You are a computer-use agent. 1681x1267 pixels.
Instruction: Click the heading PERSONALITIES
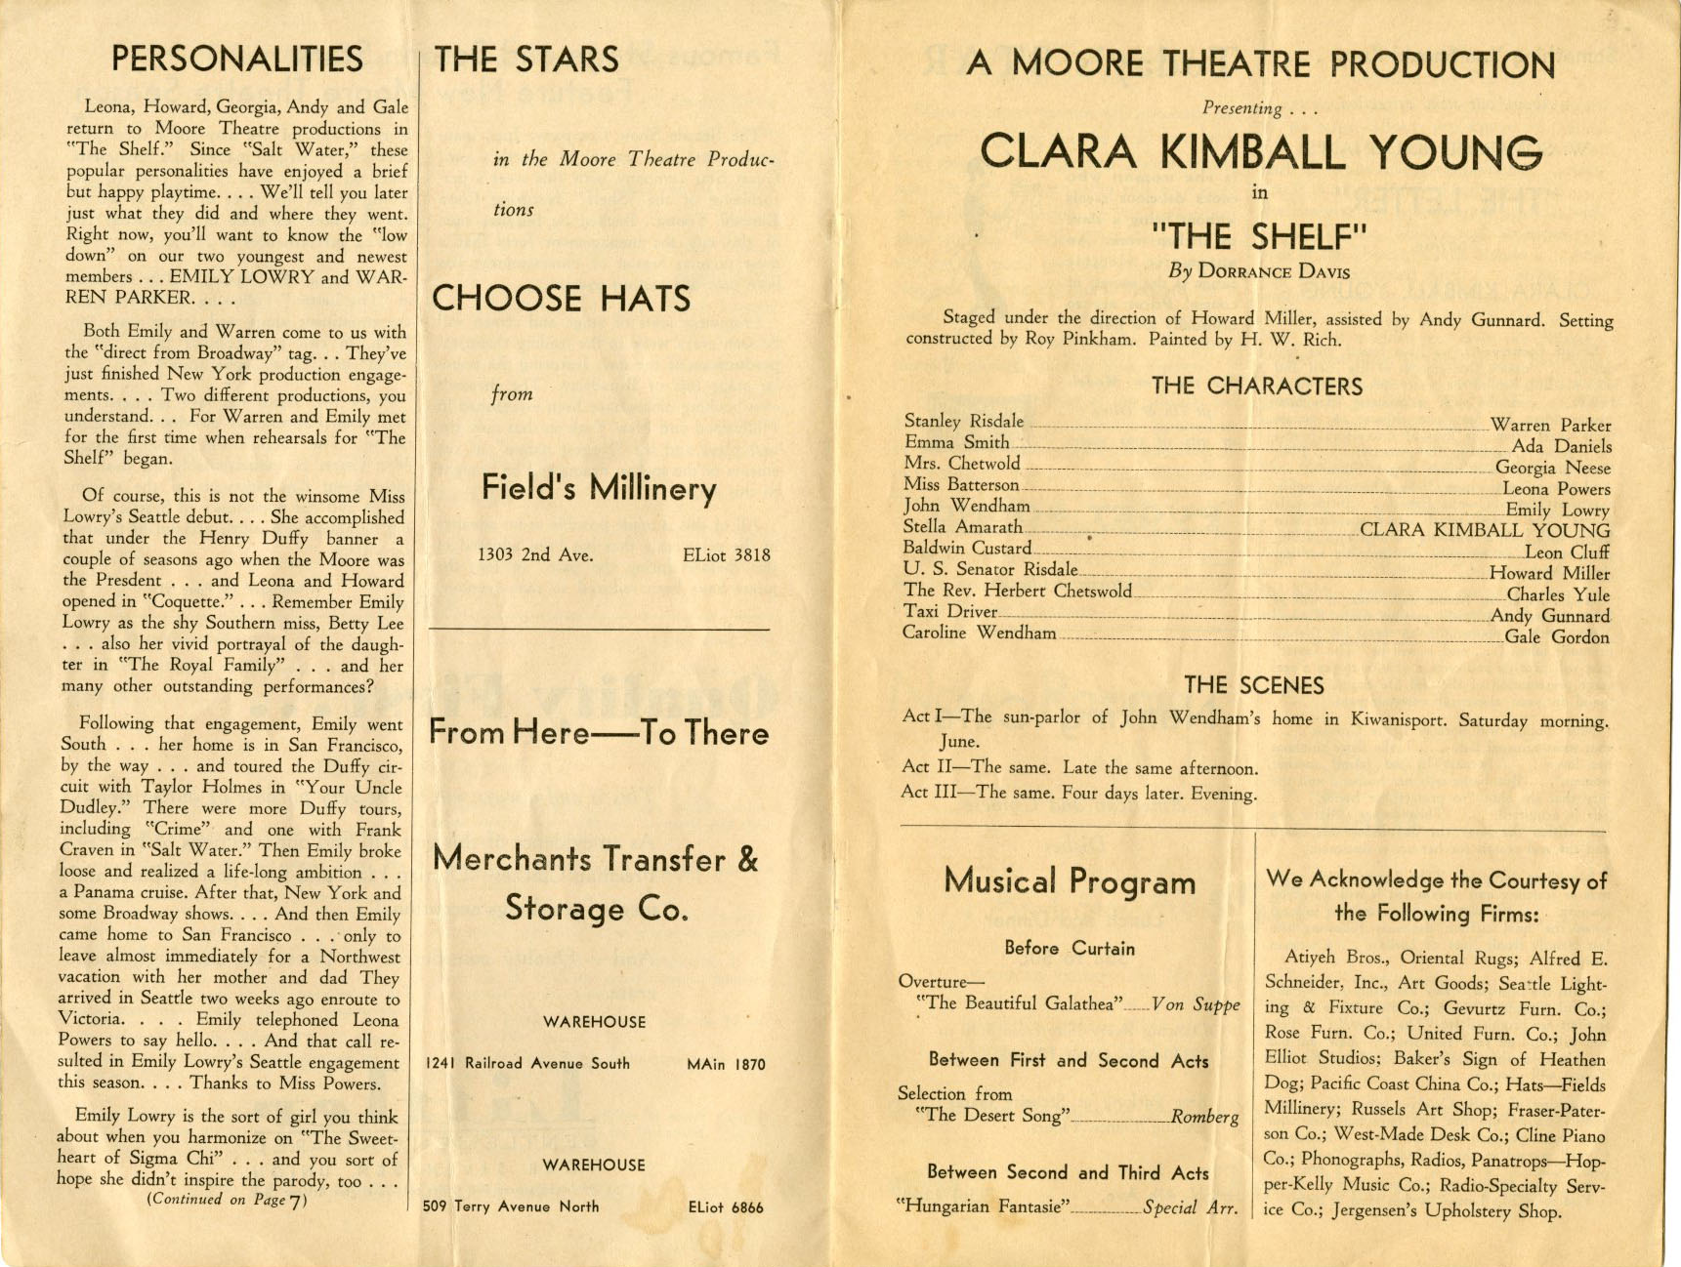[x=236, y=60]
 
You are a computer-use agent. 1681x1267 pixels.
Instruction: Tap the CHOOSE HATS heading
[x=561, y=298]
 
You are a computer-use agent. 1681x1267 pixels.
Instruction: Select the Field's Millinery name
[x=599, y=488]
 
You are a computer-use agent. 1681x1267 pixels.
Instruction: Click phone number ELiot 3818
[x=726, y=555]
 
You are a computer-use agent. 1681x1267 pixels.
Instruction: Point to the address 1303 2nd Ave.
[x=535, y=555]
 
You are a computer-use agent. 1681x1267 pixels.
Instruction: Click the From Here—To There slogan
[x=598, y=733]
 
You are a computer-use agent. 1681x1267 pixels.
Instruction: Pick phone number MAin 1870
[x=726, y=1064]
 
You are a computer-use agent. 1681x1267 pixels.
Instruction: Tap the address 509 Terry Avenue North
[x=511, y=1206]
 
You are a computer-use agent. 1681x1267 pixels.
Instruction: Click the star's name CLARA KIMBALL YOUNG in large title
[x=1261, y=152]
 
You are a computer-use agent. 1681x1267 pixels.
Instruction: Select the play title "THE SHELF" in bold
[x=1259, y=236]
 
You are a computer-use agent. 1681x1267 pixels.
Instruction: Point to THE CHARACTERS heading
[x=1256, y=387]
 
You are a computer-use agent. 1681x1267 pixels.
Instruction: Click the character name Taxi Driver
[x=949, y=612]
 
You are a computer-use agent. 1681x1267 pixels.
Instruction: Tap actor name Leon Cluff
[x=1567, y=552]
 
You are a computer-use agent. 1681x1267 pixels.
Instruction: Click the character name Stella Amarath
[x=962, y=527]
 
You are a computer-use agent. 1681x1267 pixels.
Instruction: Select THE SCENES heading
[x=1254, y=685]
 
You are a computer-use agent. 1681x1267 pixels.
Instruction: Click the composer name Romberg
[x=1204, y=1117]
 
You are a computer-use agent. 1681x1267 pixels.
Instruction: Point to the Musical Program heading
[x=1070, y=881]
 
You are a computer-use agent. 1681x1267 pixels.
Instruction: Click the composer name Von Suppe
[x=1196, y=1004]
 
